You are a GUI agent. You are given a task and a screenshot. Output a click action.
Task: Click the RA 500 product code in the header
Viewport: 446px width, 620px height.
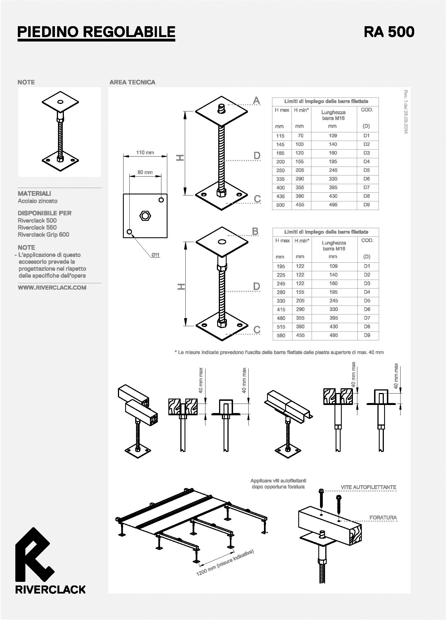point(389,32)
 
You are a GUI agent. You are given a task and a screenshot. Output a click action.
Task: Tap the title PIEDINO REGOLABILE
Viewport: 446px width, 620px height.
point(96,32)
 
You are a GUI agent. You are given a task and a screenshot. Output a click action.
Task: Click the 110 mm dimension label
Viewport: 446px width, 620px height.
point(145,152)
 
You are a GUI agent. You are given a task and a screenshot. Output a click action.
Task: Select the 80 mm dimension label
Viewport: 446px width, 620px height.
point(145,172)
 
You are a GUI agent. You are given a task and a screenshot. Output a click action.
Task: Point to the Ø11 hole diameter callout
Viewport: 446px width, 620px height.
point(155,255)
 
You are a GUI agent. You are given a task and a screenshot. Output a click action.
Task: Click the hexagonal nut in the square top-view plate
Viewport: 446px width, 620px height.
point(145,216)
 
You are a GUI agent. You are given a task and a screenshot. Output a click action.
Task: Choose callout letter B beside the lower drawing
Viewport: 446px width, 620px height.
point(255,231)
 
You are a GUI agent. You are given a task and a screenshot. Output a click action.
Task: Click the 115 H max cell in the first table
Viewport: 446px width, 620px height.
point(280,136)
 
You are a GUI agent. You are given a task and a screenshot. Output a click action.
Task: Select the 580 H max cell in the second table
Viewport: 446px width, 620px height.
point(281,335)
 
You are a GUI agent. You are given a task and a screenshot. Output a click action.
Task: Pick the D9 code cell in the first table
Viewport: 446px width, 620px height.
point(366,205)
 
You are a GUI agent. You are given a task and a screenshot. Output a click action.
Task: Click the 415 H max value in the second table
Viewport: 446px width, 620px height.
point(281,309)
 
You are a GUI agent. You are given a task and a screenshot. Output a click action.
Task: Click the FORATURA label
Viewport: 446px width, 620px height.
point(383,518)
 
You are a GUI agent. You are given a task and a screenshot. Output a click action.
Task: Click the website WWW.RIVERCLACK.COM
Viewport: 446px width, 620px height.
point(52,288)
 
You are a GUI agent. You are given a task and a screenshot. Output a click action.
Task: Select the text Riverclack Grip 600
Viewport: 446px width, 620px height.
point(43,235)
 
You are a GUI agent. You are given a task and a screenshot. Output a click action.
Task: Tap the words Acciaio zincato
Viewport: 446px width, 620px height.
point(38,201)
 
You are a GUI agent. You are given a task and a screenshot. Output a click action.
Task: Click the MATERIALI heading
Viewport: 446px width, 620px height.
point(34,193)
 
